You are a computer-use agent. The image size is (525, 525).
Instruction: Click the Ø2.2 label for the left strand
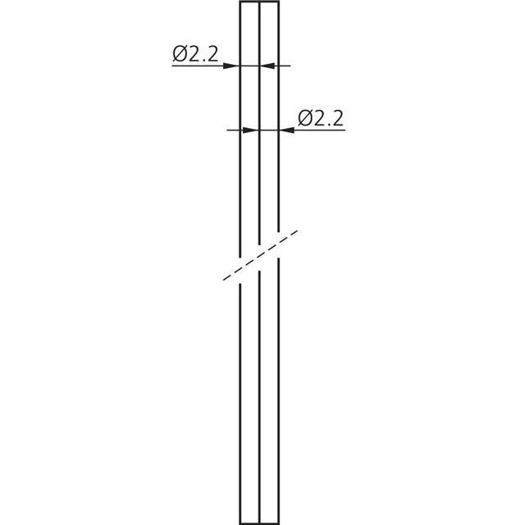195,54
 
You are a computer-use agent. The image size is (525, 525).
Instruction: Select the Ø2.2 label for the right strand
321,118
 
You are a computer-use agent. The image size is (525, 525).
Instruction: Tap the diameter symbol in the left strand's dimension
180,54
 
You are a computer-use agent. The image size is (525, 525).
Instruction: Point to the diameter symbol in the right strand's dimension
305,118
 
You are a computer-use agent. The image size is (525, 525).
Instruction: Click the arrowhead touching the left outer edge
231,66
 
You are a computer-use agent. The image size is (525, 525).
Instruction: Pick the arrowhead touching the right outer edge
287,130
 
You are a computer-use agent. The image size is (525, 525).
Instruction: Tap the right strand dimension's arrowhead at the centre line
250,130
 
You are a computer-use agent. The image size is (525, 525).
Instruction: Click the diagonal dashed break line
260,255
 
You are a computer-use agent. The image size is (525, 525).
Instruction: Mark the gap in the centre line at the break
259,258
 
